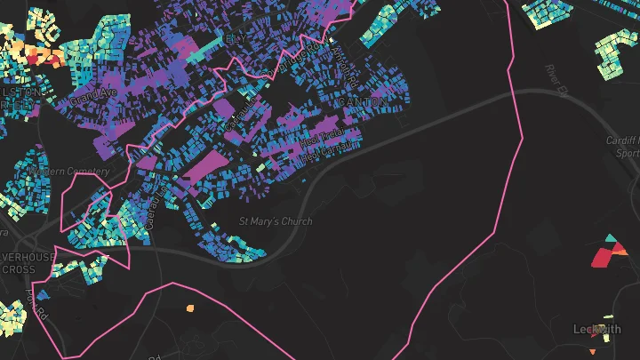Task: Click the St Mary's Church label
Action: coord(276,221)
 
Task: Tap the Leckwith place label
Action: coord(597,330)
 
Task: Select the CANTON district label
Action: coord(363,102)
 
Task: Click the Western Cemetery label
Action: coord(69,171)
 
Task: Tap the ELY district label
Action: coord(234,39)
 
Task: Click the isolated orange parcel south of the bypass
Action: coord(189,308)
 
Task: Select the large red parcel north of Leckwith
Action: coord(604,258)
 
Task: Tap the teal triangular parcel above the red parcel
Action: coord(610,238)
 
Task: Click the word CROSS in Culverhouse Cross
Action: coord(19,269)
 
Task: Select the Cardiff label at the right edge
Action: coord(625,140)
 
